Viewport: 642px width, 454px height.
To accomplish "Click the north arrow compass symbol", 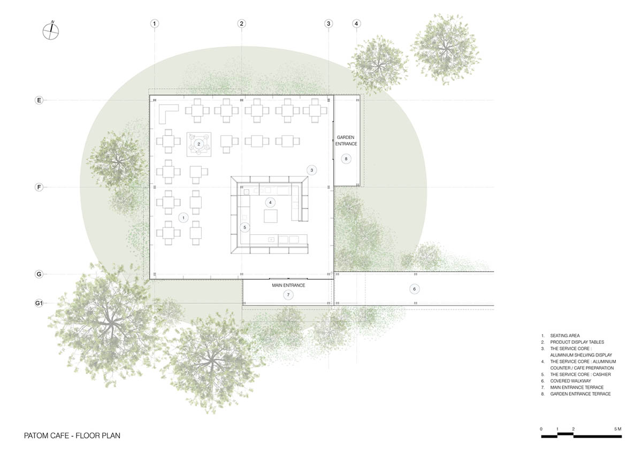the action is (x=51, y=31).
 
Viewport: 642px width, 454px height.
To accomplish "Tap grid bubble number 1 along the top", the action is (x=155, y=24).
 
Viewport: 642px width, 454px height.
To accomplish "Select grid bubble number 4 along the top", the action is (x=356, y=24).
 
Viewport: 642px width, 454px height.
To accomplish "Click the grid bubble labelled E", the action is (x=39, y=100).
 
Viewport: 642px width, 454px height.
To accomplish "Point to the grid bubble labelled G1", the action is (x=39, y=303).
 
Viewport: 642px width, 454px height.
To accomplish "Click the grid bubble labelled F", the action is (x=39, y=187).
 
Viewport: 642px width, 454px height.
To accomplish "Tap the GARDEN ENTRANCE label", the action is (x=346, y=141).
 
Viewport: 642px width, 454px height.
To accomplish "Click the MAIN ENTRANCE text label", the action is (x=288, y=286).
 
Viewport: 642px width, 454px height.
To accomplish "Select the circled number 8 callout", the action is (x=346, y=159).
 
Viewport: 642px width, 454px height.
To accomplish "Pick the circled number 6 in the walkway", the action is (x=414, y=289).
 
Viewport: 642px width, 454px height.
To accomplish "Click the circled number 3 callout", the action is (x=312, y=170).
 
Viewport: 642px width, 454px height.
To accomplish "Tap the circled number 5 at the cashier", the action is (x=245, y=227).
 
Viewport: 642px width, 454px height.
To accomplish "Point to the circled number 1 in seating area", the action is (x=184, y=218).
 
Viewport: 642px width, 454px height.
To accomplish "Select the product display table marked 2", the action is (x=199, y=144).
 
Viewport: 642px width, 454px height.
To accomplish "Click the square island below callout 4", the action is (x=271, y=216).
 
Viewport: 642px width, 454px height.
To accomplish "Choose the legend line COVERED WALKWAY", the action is (x=570, y=381).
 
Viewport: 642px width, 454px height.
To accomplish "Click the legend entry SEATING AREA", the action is (x=564, y=335).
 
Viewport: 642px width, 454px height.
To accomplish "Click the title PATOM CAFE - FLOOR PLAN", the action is (x=72, y=436).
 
